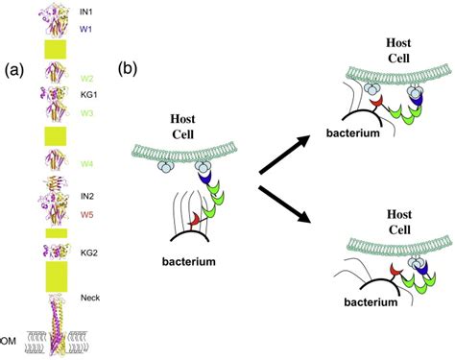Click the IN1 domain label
click(x=86, y=12)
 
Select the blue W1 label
click(x=85, y=29)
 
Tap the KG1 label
click(x=89, y=95)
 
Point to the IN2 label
click(x=87, y=196)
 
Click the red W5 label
click(x=86, y=214)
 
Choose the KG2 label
click(x=89, y=252)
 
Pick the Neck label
click(x=90, y=298)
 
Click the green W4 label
click(x=86, y=164)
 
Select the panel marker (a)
click(x=14, y=70)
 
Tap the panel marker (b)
click(x=128, y=69)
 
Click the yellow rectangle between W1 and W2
click(x=56, y=49)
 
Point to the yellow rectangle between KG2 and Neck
click(x=56, y=276)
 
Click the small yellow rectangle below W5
click(x=57, y=233)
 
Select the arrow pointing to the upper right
click(x=284, y=155)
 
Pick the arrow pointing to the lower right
click(x=284, y=204)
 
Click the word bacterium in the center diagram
click(x=189, y=261)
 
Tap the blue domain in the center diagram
click(x=204, y=178)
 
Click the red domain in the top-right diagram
click(x=376, y=103)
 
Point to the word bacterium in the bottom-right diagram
click(x=371, y=302)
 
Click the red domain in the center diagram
click(x=194, y=220)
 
